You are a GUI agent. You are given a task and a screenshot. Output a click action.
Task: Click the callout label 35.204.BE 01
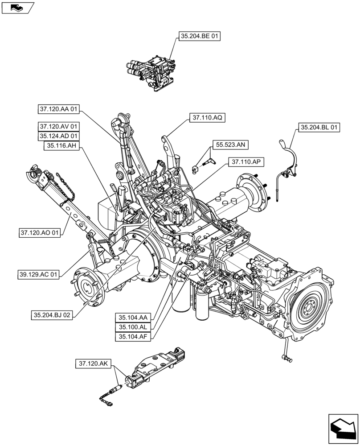200,37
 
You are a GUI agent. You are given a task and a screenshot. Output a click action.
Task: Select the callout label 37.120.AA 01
59,109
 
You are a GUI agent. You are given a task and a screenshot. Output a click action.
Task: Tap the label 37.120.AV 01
59,127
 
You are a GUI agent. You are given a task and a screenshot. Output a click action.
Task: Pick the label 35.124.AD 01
59,136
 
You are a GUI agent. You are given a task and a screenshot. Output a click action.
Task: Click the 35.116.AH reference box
61,146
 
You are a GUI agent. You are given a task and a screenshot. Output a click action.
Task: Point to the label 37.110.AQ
208,118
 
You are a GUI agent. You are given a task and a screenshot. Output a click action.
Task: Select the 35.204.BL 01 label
319,128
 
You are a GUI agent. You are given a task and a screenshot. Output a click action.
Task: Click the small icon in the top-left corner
17,7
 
